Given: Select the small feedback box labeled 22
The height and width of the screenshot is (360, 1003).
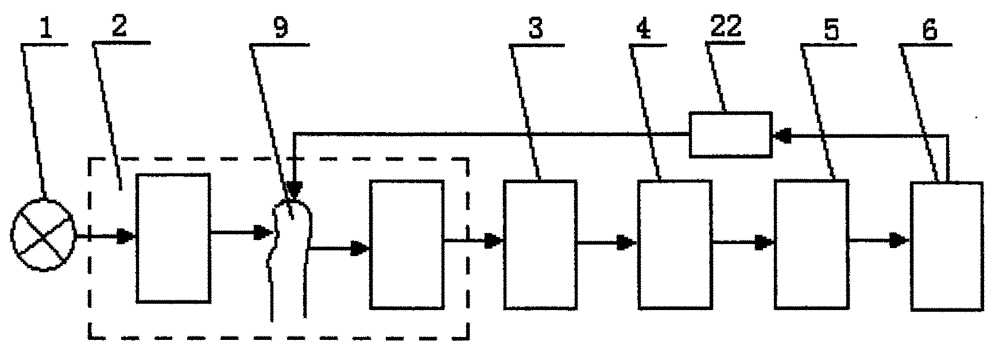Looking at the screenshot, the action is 730,134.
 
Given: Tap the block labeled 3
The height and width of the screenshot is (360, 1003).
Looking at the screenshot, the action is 540,245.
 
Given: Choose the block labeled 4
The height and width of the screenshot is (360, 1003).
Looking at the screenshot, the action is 675,245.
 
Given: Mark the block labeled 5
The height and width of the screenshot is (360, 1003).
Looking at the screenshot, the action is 811,245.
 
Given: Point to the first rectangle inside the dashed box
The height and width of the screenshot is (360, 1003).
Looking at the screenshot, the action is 173,238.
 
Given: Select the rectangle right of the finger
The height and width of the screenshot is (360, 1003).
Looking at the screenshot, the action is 407,245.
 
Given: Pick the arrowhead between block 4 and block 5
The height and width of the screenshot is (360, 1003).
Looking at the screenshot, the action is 765,242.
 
